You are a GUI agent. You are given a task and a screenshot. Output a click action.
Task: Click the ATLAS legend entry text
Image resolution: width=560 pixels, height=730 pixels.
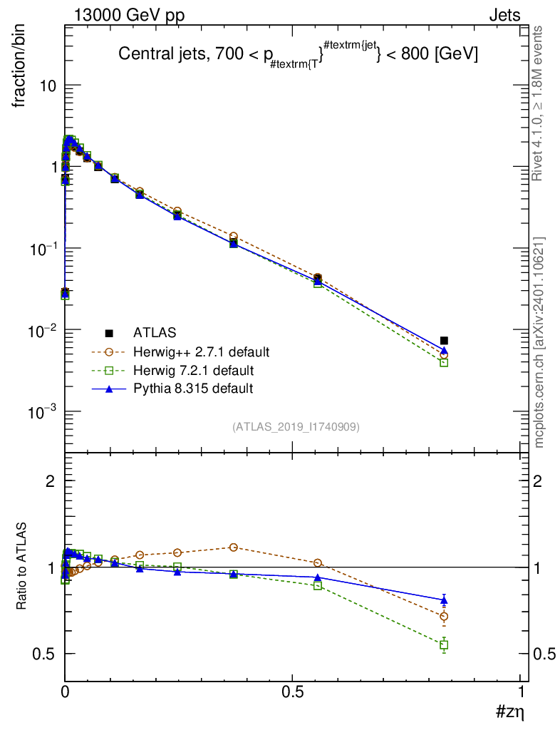(x=155, y=332)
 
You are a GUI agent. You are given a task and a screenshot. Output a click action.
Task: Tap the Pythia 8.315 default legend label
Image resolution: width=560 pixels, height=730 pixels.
(x=192, y=389)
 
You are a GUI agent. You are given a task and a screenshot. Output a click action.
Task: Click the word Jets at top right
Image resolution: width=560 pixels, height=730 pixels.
(x=504, y=16)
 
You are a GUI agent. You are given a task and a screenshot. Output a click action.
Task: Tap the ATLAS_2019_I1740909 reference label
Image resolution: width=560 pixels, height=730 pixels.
(x=296, y=427)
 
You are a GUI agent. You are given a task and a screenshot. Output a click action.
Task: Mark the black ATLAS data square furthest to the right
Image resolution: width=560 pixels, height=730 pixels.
(x=444, y=341)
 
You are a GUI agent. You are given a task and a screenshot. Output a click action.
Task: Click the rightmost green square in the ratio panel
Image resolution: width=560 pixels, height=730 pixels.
(x=444, y=645)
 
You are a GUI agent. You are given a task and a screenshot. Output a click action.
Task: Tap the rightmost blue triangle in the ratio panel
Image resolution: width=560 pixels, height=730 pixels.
(x=444, y=600)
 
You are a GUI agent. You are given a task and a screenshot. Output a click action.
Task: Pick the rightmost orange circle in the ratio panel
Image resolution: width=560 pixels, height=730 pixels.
(x=444, y=617)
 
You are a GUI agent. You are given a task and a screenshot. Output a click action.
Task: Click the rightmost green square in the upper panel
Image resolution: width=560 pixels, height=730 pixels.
(x=444, y=362)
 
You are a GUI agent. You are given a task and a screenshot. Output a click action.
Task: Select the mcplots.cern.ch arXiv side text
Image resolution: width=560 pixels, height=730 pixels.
(x=539, y=342)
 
